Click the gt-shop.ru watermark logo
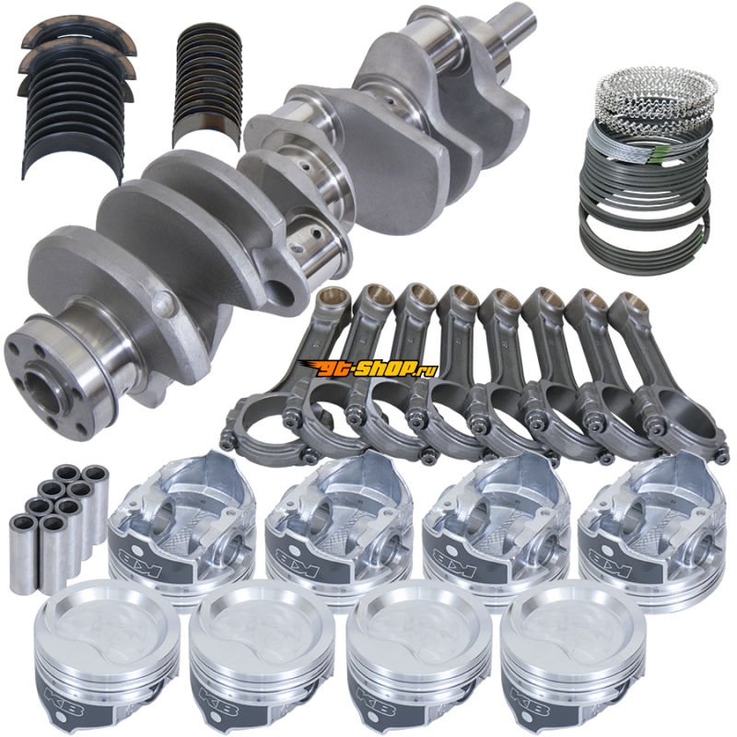point(370,368)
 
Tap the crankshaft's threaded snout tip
point(520,22)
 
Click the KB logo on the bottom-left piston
point(63,699)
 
